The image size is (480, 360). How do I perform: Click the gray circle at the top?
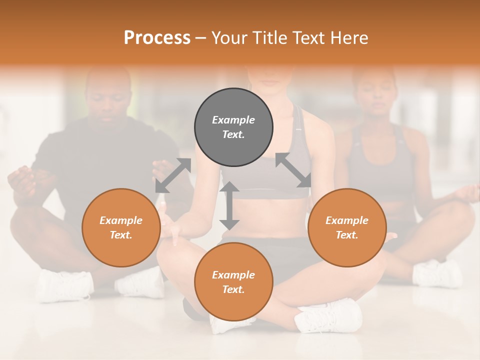233,127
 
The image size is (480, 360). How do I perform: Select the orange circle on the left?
121,228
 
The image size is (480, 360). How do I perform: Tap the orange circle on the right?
347,228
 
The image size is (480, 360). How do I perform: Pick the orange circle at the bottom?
233,282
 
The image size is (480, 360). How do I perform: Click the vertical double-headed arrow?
229,205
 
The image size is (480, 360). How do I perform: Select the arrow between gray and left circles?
173,175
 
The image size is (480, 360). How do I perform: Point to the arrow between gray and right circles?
293,170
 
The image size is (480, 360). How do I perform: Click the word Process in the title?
157,37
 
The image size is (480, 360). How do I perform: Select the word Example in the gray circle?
233,120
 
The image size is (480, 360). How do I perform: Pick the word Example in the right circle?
347,220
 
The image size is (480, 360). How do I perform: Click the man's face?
108,100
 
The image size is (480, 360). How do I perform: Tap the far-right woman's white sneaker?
437,273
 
